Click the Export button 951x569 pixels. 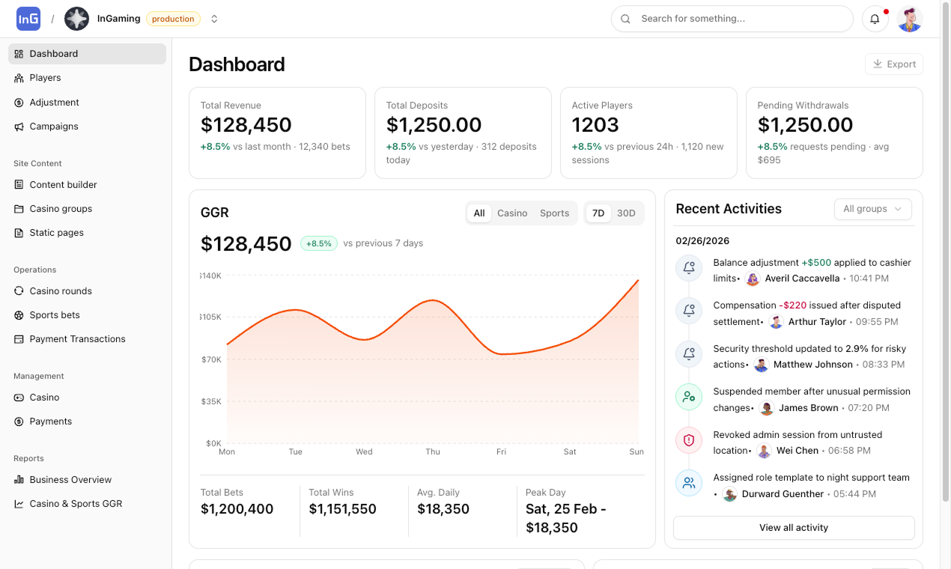(x=894, y=64)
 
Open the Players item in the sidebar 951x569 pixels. (x=45, y=78)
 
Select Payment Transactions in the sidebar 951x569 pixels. (x=77, y=339)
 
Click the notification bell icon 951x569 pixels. (x=875, y=19)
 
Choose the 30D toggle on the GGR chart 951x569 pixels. (x=626, y=213)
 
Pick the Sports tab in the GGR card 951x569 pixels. (x=554, y=213)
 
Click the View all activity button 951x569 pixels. (x=794, y=528)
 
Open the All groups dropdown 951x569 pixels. (x=873, y=209)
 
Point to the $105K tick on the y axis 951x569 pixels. (x=210, y=317)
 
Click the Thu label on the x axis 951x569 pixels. (x=433, y=451)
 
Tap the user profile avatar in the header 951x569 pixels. (x=910, y=19)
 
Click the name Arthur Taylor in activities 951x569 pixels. (x=817, y=322)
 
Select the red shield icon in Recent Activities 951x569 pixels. (x=689, y=440)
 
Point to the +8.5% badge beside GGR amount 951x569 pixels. (x=319, y=243)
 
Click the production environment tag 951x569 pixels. (x=173, y=19)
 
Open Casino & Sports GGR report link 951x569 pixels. (x=76, y=504)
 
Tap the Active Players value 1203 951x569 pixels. (x=595, y=125)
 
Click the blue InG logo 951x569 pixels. (x=28, y=19)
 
